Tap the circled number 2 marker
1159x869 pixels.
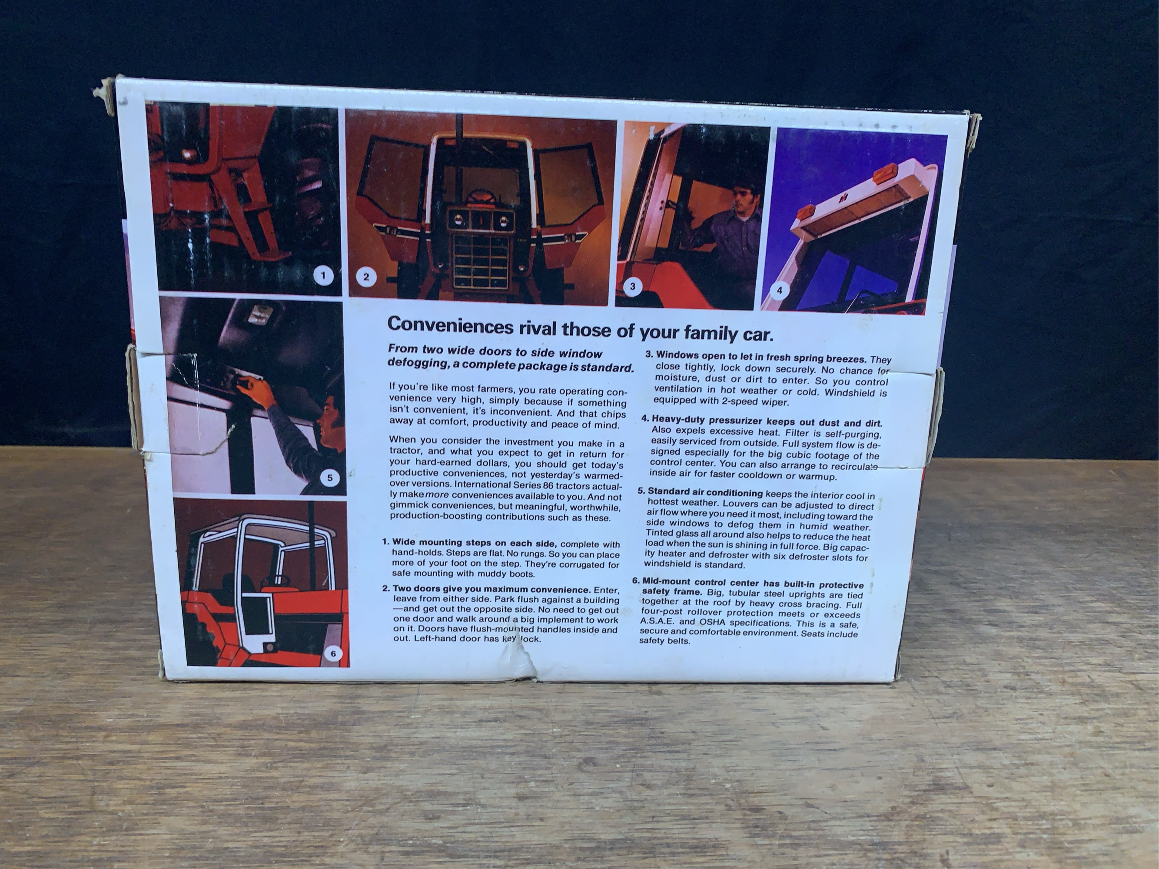pyautogui.click(x=366, y=277)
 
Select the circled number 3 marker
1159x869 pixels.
pyautogui.click(x=632, y=286)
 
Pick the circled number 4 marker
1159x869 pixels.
pyautogui.click(x=779, y=290)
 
